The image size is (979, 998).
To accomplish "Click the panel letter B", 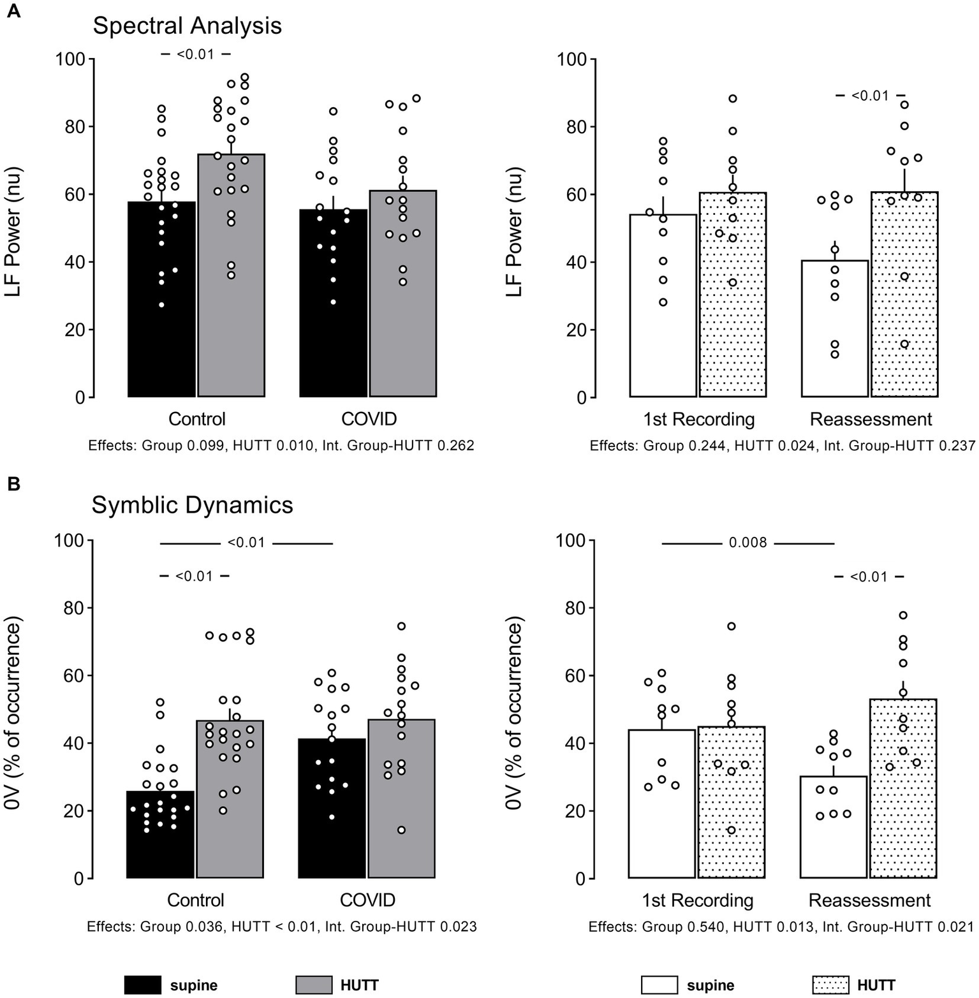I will (x=13, y=484).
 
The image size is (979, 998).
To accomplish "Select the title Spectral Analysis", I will (x=187, y=26).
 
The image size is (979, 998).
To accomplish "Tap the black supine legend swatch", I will (x=142, y=985).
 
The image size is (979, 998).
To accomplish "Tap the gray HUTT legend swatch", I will (x=314, y=985).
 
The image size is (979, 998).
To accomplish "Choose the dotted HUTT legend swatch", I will (x=831, y=985).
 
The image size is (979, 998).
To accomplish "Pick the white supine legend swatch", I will (x=659, y=985).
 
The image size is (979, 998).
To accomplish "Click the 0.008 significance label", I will (x=747, y=543).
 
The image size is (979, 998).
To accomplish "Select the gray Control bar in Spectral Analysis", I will (x=231, y=287).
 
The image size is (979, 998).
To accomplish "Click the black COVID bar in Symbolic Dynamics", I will (x=332, y=816).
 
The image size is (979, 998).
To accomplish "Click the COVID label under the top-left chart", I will (x=369, y=419).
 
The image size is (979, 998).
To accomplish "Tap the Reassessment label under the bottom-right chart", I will (x=869, y=900).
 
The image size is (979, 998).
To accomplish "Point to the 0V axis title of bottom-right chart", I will (x=513, y=712).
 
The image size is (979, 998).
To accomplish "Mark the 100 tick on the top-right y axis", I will (x=571, y=59).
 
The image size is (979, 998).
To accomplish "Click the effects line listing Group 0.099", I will (x=281, y=445).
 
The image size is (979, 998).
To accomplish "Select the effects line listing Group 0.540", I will (x=781, y=926).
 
